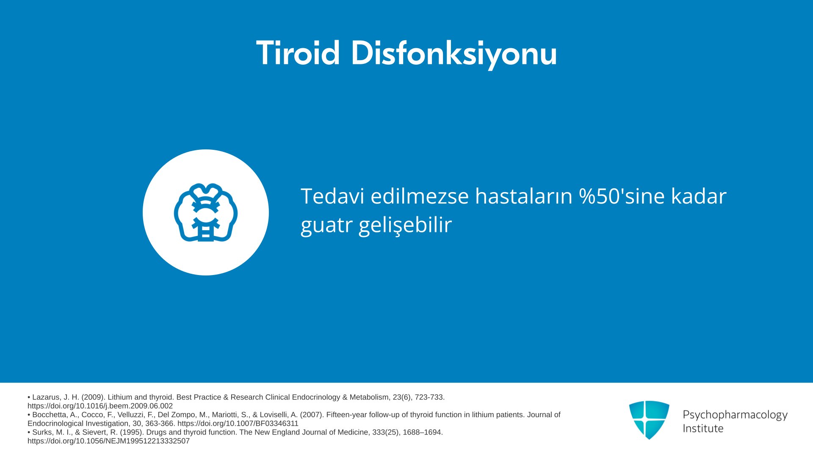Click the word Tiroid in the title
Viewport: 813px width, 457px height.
[298, 53]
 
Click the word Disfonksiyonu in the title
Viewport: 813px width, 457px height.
[454, 54]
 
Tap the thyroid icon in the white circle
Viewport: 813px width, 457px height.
[206, 212]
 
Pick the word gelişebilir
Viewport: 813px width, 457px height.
[405, 224]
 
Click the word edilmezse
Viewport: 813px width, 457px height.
[420, 196]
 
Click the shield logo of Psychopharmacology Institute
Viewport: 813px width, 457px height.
[649, 420]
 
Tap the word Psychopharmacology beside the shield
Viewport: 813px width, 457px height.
[735, 415]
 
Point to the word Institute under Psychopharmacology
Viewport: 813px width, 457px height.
[703, 428]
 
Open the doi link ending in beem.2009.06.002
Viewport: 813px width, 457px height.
[100, 406]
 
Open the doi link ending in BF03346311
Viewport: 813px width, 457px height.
[238, 424]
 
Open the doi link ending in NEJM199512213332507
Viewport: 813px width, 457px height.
[108, 441]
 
